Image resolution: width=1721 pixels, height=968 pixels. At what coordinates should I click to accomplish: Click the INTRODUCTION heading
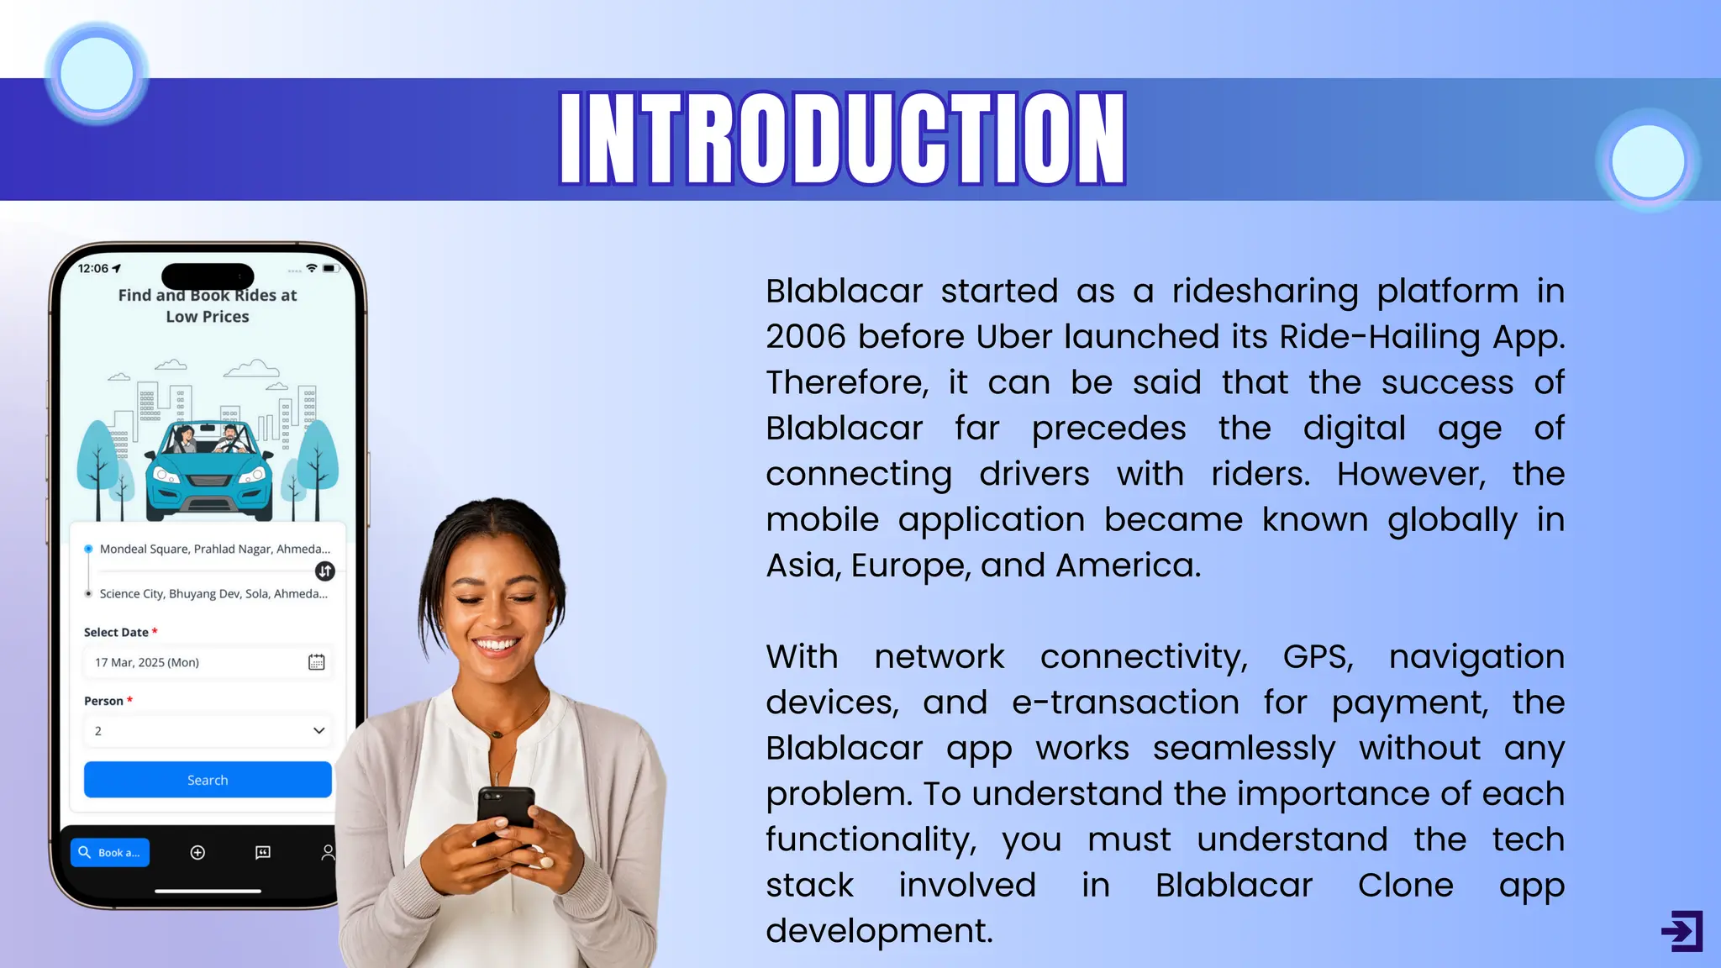coord(843,139)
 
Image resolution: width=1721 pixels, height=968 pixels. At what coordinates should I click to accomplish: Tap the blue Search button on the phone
coord(208,780)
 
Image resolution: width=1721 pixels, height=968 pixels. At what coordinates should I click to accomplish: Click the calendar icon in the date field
coord(316,662)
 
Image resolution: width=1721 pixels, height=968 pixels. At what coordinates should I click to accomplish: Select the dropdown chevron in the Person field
coord(318,731)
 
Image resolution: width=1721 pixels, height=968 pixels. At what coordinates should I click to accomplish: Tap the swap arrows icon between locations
coord(325,571)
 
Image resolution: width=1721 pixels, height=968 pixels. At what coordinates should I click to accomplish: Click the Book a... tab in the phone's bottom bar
coord(110,852)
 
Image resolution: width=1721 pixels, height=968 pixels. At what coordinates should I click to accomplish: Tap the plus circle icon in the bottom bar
coord(197,852)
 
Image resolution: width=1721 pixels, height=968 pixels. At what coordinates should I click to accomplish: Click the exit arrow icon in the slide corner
coord(1682,930)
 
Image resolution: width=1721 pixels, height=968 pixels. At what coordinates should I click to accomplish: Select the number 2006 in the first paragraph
coord(805,337)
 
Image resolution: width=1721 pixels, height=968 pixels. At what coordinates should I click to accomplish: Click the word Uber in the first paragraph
coord(1013,337)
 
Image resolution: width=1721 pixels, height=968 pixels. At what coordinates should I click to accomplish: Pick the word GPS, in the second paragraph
coord(1318,657)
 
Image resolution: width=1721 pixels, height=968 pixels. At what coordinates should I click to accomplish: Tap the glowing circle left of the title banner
coord(97,74)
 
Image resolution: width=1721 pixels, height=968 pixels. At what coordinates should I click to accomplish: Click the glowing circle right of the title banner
coord(1648,160)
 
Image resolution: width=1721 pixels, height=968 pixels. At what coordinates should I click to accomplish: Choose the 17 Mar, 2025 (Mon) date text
coord(147,662)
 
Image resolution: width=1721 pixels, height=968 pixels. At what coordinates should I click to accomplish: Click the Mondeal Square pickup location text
coord(214,549)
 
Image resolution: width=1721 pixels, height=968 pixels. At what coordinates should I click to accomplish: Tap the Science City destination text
coord(213,593)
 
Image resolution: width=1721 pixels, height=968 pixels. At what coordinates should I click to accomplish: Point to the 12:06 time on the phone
coord(93,269)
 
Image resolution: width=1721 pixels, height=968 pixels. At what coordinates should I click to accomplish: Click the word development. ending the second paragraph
coord(879,931)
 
